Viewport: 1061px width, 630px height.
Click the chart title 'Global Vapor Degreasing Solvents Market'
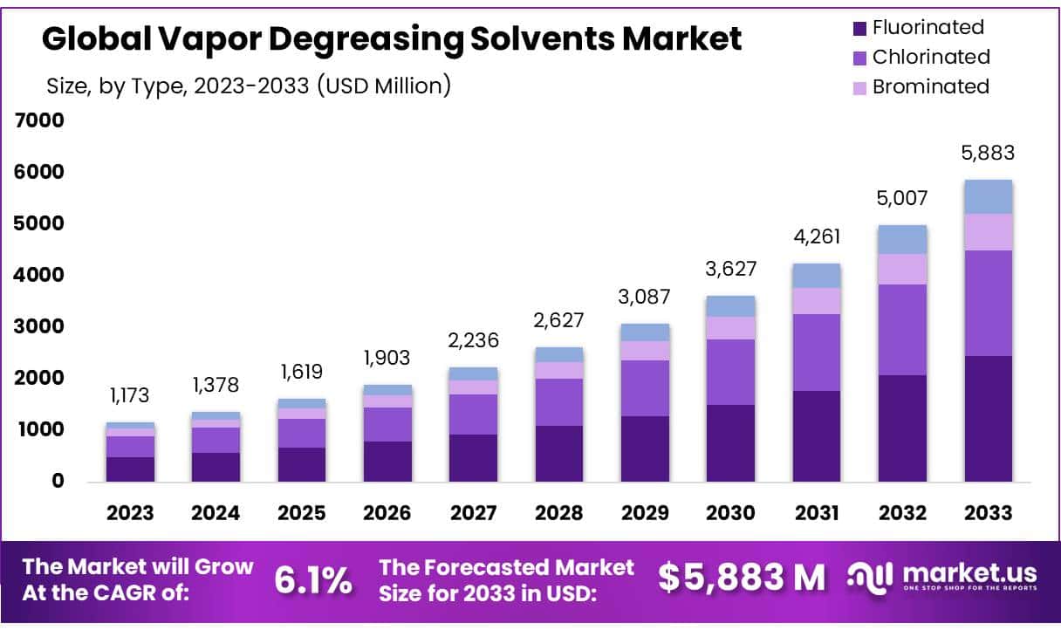(392, 39)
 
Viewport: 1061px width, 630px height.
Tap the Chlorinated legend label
(931, 57)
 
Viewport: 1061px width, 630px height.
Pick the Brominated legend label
(930, 86)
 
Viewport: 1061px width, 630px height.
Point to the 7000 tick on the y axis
(39, 120)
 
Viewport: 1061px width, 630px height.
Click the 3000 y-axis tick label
(39, 326)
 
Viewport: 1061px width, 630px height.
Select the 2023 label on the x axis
(130, 513)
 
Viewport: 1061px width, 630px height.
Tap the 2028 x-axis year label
(558, 513)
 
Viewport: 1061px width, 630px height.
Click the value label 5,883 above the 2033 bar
(988, 153)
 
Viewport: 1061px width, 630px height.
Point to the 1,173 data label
(130, 395)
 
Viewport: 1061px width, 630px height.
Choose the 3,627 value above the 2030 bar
(730, 269)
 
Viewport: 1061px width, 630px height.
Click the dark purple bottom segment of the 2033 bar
(988, 418)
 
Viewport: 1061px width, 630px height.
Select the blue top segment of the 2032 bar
(902, 239)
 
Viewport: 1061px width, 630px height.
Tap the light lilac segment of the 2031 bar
(817, 301)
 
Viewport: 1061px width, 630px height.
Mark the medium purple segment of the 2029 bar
(645, 388)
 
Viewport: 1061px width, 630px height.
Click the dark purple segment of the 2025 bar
(302, 464)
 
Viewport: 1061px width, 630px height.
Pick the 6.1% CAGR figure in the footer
(314, 579)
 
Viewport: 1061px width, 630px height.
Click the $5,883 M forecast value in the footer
(741, 578)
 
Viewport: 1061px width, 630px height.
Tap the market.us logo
(942, 578)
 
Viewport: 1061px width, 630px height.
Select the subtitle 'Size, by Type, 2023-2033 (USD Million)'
(249, 86)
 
